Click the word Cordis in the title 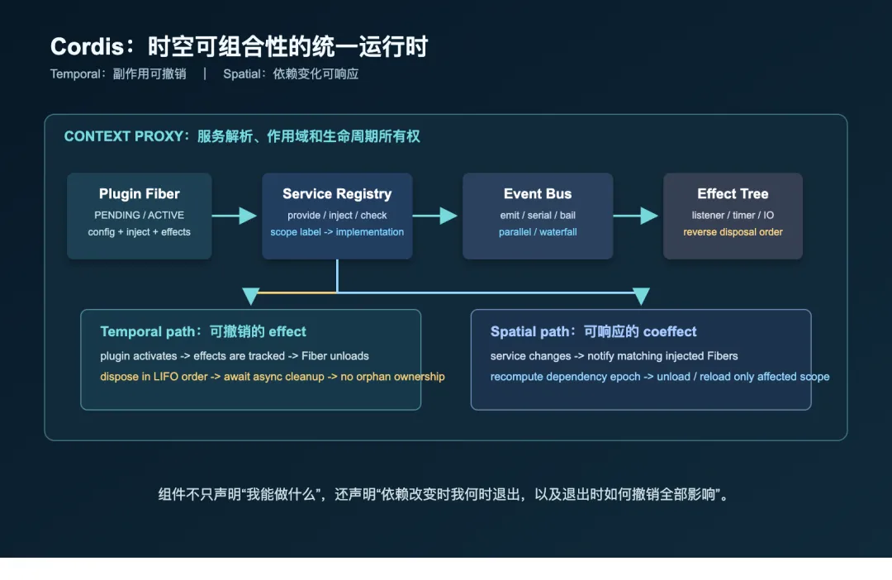(x=87, y=46)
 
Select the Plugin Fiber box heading (x=140, y=194)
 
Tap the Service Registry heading (x=337, y=194)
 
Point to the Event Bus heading (x=538, y=194)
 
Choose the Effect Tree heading (x=733, y=194)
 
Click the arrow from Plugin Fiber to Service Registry (x=235, y=216)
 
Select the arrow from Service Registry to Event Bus (x=435, y=216)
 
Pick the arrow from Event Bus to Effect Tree (x=636, y=216)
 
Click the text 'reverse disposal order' (x=733, y=232)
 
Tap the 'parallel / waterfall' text (x=538, y=232)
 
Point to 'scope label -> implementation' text (x=337, y=232)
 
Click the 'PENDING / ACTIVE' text (x=140, y=215)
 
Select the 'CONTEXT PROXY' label (x=123, y=136)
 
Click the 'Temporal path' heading (x=148, y=332)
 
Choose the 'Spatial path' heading (x=529, y=332)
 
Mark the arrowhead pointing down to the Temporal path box (x=251, y=296)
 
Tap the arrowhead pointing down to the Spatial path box (x=641, y=296)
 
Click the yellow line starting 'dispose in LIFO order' (x=273, y=377)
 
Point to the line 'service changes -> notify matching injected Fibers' (x=614, y=356)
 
